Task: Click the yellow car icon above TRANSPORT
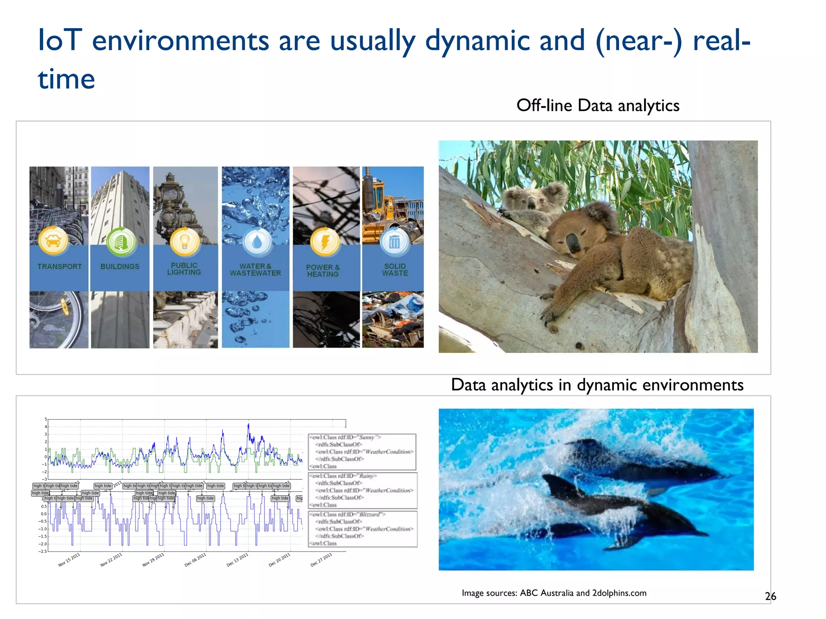point(53,241)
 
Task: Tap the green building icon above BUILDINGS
point(120,242)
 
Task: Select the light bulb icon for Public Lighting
point(184,241)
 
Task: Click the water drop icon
point(257,242)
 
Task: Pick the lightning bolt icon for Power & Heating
point(325,242)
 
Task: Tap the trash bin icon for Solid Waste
point(394,242)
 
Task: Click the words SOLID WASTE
point(395,270)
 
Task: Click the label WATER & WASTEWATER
point(255,270)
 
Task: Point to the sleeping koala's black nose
point(573,243)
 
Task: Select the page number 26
point(770,596)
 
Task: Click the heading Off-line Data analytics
point(598,106)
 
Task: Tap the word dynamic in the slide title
point(477,41)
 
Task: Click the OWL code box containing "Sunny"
point(362,451)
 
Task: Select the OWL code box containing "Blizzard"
point(363,529)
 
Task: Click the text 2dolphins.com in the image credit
point(619,593)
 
